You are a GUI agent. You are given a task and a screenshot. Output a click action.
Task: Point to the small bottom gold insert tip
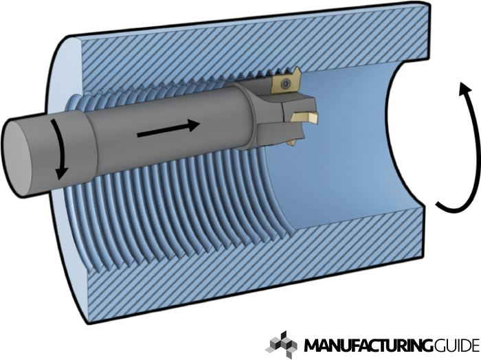pos(292,141)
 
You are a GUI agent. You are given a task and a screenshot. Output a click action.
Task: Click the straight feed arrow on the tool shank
pos(168,129)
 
